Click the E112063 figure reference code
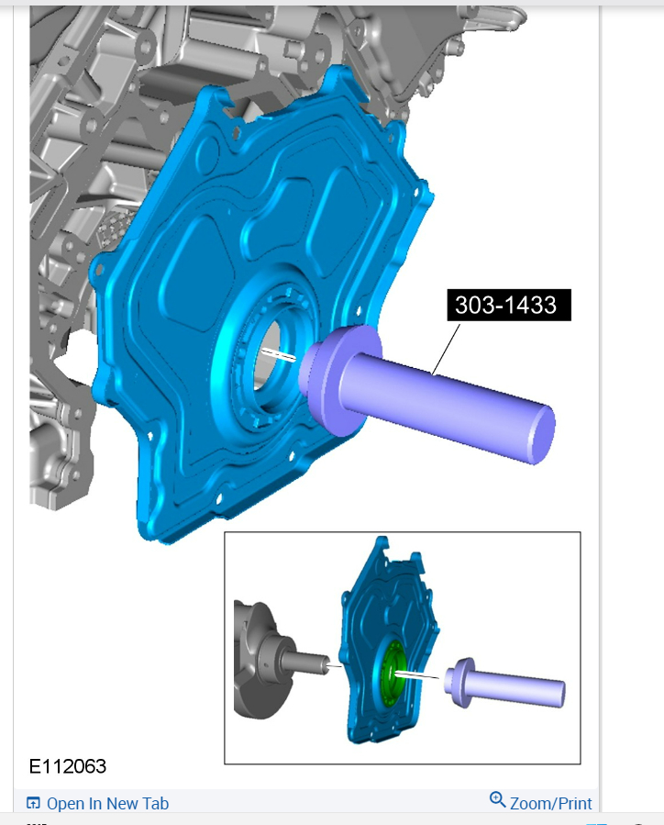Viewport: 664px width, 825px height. (x=68, y=766)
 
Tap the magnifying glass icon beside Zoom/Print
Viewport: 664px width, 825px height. (x=497, y=799)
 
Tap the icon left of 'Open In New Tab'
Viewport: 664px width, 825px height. (x=33, y=803)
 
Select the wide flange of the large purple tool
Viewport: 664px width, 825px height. (x=344, y=380)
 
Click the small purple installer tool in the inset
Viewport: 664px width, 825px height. (x=504, y=683)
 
